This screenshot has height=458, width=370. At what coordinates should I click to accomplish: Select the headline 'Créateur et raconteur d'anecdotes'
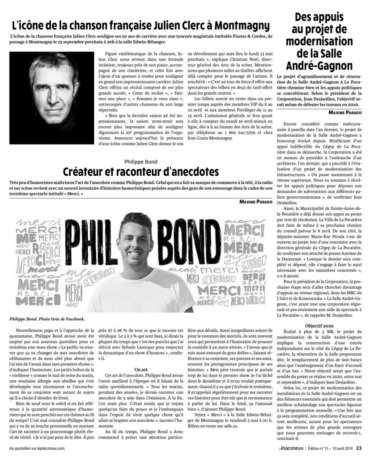[140, 171]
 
